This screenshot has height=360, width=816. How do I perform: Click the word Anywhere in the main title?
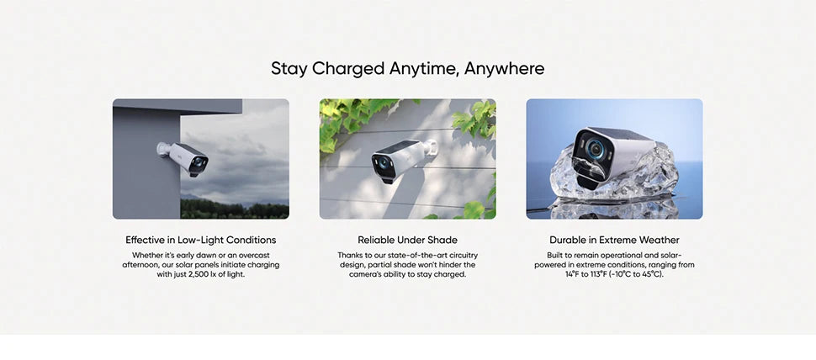pos(504,69)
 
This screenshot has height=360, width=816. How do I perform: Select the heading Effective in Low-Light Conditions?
pos(201,240)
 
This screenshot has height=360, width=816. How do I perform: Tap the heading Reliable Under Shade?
pos(407,240)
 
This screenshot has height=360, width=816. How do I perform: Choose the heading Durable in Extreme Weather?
pos(614,240)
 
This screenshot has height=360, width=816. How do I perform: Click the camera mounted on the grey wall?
pos(183,157)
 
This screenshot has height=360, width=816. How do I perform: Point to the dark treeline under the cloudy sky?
pos(235,209)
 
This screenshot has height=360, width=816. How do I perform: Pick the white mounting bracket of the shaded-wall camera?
pos(431,147)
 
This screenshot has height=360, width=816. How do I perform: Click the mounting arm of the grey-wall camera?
pos(164,150)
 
